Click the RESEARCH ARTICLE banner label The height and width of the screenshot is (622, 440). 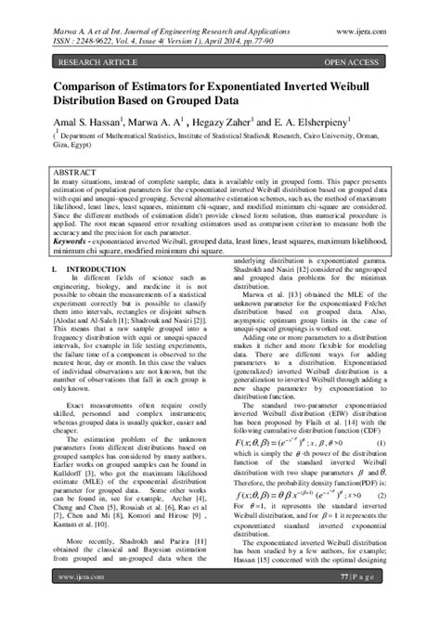point(96,62)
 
